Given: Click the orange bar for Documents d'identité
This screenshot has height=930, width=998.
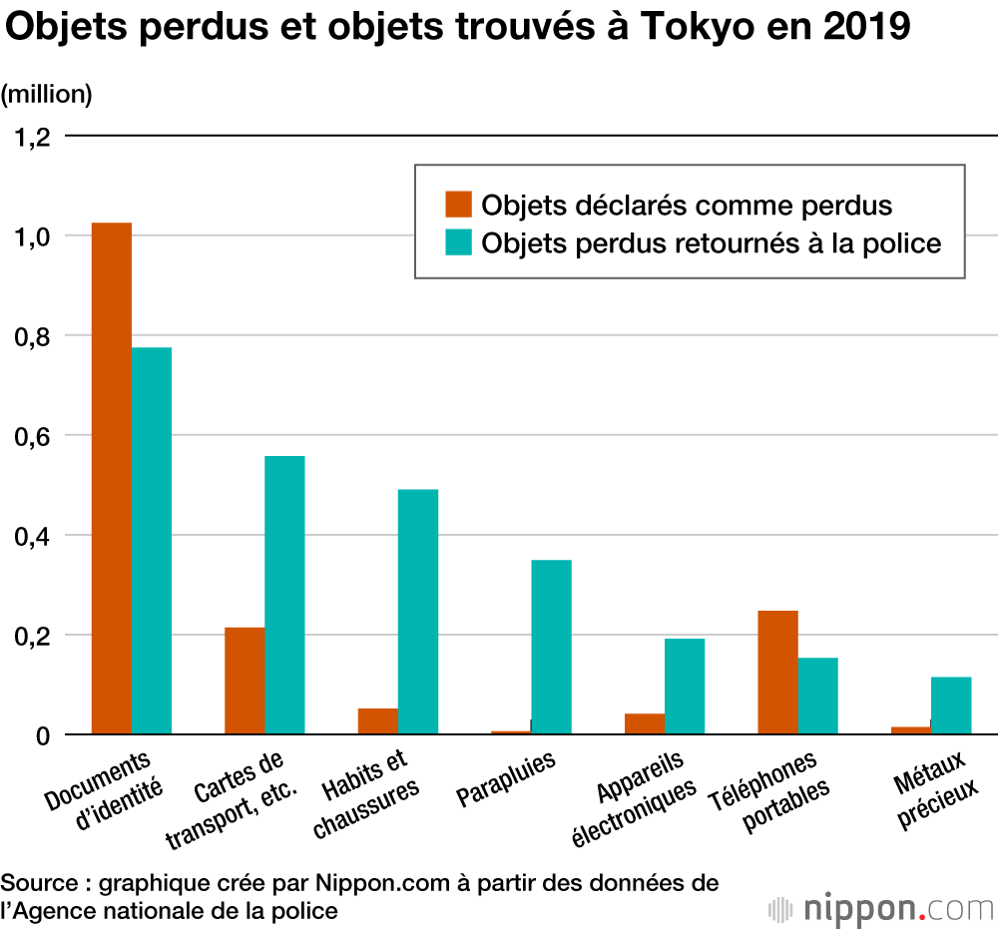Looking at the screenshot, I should [x=112, y=479].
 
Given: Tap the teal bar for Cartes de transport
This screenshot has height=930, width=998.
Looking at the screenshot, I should [x=284, y=595].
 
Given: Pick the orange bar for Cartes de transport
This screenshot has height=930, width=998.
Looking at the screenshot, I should [x=245, y=681].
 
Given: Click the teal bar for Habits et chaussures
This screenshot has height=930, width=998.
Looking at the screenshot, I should [x=418, y=612].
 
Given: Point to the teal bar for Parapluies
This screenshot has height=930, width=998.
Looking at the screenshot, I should [x=551, y=647].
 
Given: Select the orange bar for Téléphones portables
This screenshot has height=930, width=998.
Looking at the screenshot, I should [x=777, y=672].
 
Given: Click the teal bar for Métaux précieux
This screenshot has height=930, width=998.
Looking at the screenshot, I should [x=951, y=705].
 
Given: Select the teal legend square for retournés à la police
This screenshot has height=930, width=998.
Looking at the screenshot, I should [x=458, y=242].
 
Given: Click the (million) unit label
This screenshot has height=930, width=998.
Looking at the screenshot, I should [x=47, y=94].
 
